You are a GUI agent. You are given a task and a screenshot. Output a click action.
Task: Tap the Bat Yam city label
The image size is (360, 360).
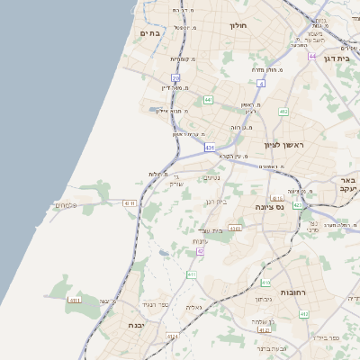coord(149,33)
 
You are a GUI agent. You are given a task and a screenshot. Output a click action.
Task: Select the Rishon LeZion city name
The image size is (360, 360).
coord(285,145)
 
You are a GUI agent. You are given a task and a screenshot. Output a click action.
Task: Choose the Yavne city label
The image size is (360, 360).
coord(136,325)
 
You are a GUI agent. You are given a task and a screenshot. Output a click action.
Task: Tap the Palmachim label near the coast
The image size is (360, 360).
coord(66,205)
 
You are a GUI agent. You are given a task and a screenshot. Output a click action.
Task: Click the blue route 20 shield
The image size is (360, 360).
coord(175,79)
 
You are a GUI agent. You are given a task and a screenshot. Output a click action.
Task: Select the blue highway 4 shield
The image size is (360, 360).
coord(261,84)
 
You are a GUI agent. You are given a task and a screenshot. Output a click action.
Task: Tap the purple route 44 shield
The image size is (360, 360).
coord(311,56)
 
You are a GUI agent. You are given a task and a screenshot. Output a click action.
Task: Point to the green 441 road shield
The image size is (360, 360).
coord(208,100)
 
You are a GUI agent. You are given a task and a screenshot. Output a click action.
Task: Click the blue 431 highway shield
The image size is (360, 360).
coord(209,147)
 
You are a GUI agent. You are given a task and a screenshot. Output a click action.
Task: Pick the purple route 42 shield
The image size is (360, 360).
coord(200,251)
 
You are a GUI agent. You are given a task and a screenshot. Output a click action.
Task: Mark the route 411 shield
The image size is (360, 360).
coord(192,274)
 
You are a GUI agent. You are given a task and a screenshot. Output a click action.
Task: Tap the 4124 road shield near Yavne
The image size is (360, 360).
coord(173,336)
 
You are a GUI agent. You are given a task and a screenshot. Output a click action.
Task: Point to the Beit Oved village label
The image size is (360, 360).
coord(211,231)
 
